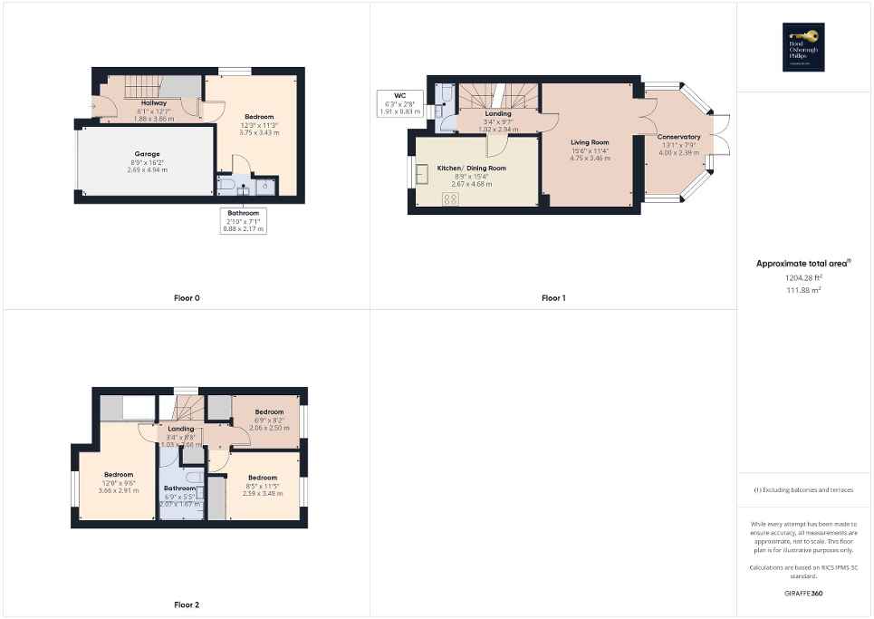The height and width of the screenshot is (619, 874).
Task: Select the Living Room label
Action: (x=589, y=150)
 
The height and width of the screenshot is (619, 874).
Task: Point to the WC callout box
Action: (x=399, y=102)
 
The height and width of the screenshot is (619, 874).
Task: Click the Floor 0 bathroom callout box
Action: (x=244, y=220)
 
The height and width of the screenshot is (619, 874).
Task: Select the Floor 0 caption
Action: (x=187, y=297)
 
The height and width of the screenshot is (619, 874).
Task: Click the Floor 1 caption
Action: (x=553, y=297)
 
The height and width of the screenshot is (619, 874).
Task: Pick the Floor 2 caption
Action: (x=187, y=604)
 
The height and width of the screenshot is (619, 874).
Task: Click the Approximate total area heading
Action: (x=803, y=264)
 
